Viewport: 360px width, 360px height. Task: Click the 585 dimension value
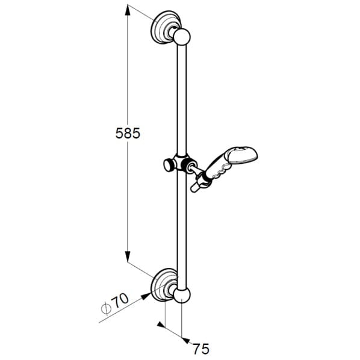pyautogui.click(x=128, y=133)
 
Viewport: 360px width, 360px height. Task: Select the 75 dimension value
pyautogui.click(x=201, y=349)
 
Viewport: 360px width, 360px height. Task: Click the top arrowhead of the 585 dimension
pyautogui.click(x=128, y=10)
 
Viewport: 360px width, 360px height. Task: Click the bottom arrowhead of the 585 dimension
pyautogui.click(x=128, y=256)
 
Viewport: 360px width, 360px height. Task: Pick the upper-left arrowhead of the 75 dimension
pyautogui.click(x=161, y=324)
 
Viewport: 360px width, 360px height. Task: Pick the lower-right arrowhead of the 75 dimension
pyautogui.click(x=185, y=341)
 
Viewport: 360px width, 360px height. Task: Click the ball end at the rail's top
pyautogui.click(x=182, y=37)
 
